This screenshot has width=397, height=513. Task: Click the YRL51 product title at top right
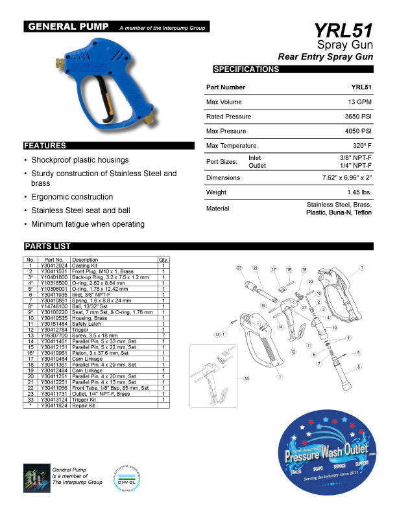pyautogui.click(x=343, y=31)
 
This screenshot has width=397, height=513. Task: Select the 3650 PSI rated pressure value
pyautogui.click(x=357, y=117)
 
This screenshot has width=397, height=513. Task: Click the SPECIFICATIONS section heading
pyautogui.click(x=246, y=69)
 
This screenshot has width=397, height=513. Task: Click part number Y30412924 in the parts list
pyautogui.click(x=54, y=266)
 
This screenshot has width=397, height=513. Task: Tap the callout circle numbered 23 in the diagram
pyautogui.click(x=239, y=268)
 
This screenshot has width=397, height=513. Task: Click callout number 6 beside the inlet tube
pyautogui.click(x=358, y=367)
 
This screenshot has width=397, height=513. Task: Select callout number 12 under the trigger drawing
pyautogui.click(x=293, y=352)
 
